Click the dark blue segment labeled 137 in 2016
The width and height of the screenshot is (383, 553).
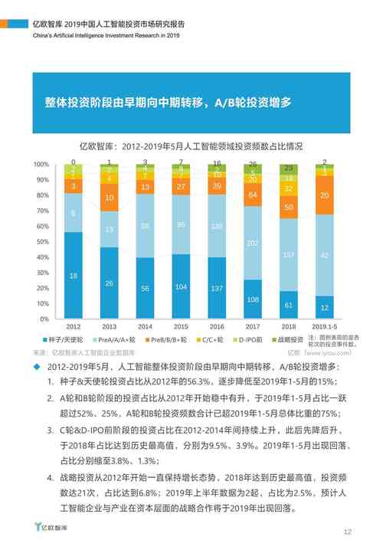tap(217, 287)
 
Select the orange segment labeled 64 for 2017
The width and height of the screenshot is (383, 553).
tap(253, 195)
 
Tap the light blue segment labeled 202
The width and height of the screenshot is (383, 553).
tap(253, 244)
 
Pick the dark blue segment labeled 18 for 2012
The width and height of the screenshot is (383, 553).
tap(73, 275)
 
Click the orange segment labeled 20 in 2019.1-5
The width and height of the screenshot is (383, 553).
tap(325, 196)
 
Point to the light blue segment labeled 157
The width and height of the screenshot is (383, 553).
tap(289, 254)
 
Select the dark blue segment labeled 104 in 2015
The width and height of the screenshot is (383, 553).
tap(181, 286)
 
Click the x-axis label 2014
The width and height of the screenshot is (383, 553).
tap(145, 326)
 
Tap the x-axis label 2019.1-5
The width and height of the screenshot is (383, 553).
tap(325, 326)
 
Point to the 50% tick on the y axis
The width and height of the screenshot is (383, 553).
tap(41, 241)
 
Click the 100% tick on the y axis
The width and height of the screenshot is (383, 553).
tap(41, 165)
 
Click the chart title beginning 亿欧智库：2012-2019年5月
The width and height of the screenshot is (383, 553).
tap(191, 146)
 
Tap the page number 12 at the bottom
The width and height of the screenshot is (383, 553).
tap(347, 532)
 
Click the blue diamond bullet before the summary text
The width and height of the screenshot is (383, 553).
tap(38, 368)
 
